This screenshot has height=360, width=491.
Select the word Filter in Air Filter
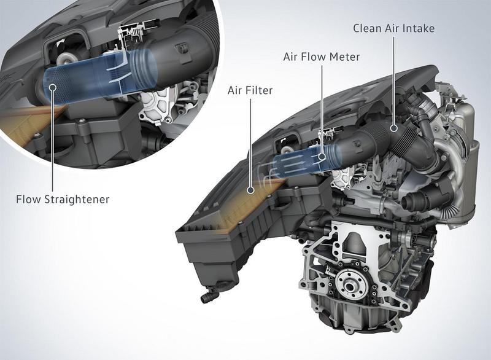pyautogui.click(x=258, y=90)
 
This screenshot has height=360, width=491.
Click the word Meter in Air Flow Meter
pyautogui.click(x=342, y=57)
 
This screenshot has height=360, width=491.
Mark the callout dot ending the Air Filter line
pyautogui.click(x=251, y=191)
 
